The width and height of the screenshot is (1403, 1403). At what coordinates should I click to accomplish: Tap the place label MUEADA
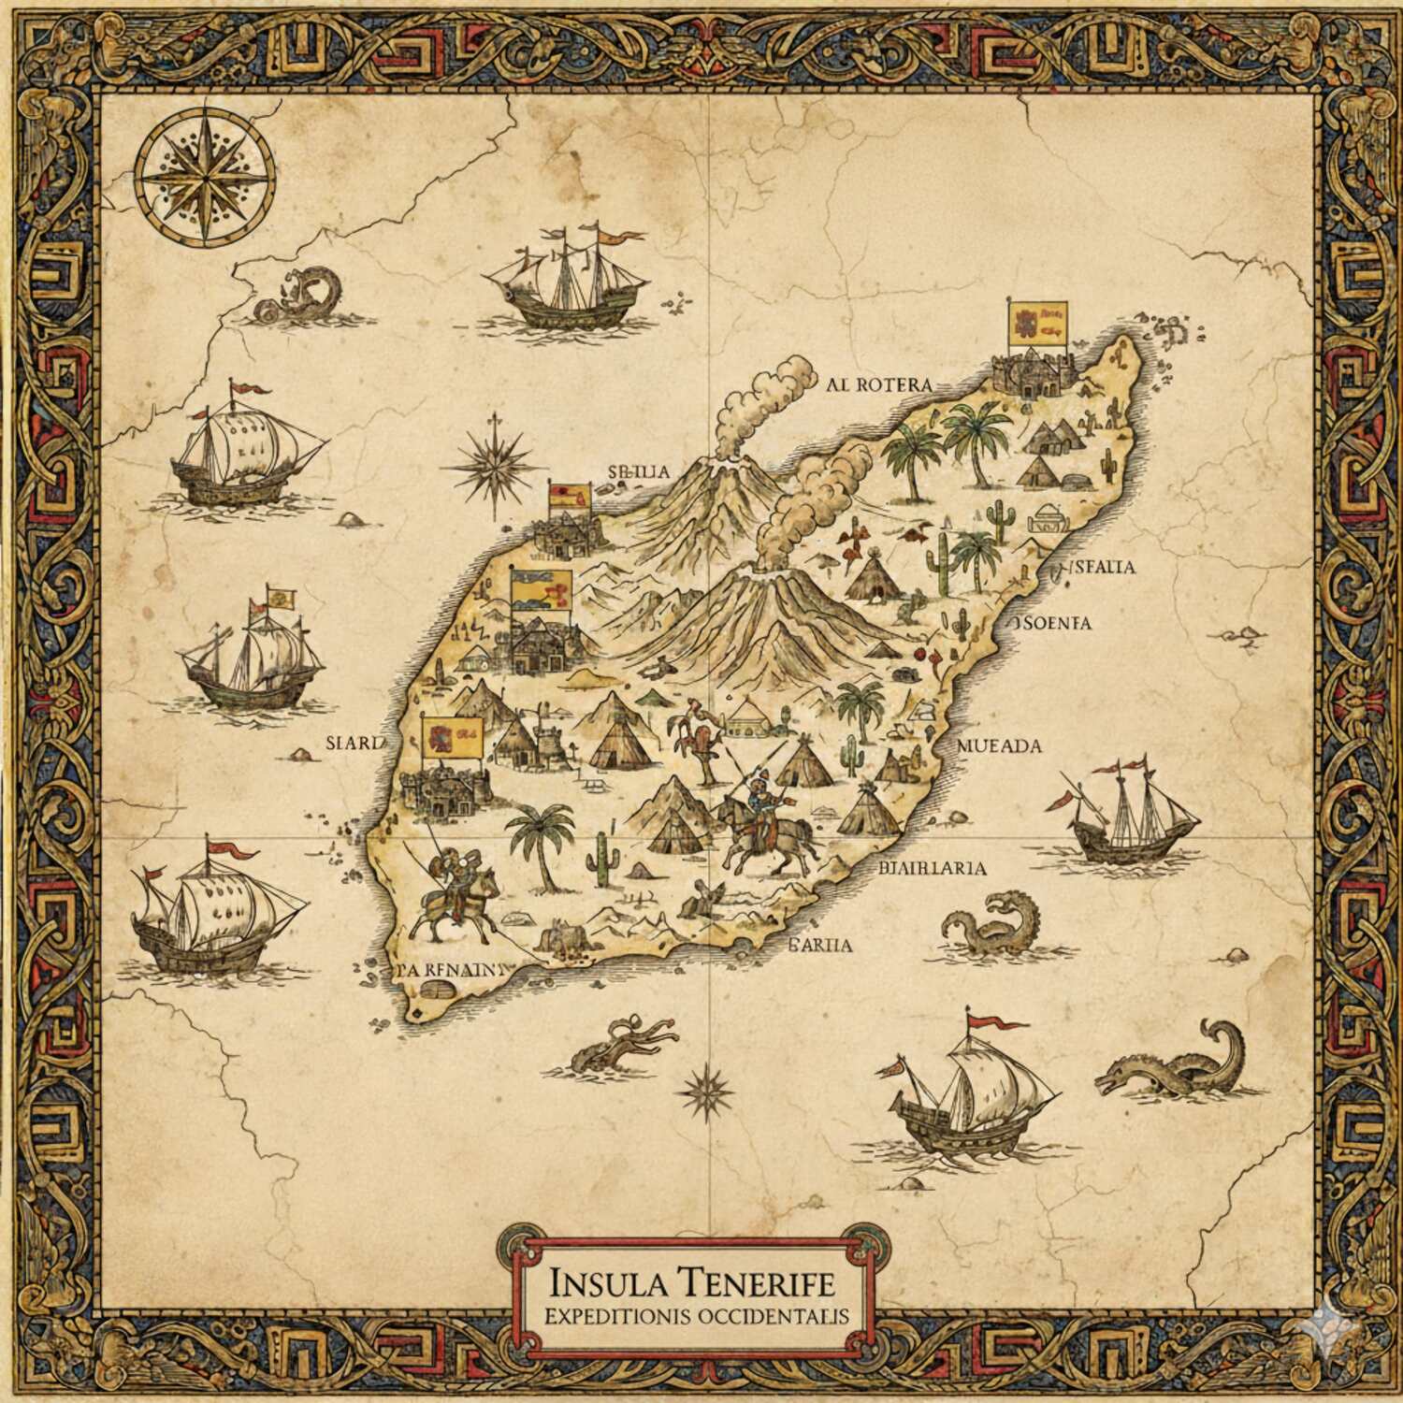(x=1000, y=745)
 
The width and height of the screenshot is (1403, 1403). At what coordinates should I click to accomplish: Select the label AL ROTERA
(x=879, y=384)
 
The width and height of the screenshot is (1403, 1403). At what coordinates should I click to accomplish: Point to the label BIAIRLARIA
(x=933, y=867)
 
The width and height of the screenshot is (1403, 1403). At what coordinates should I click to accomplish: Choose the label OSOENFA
(x=1053, y=623)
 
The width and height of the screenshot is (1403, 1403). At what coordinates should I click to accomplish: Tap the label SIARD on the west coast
(x=354, y=744)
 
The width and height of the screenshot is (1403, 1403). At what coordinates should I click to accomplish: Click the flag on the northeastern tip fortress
(x=1035, y=323)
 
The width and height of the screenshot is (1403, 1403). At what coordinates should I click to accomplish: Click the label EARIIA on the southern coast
(x=821, y=945)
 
